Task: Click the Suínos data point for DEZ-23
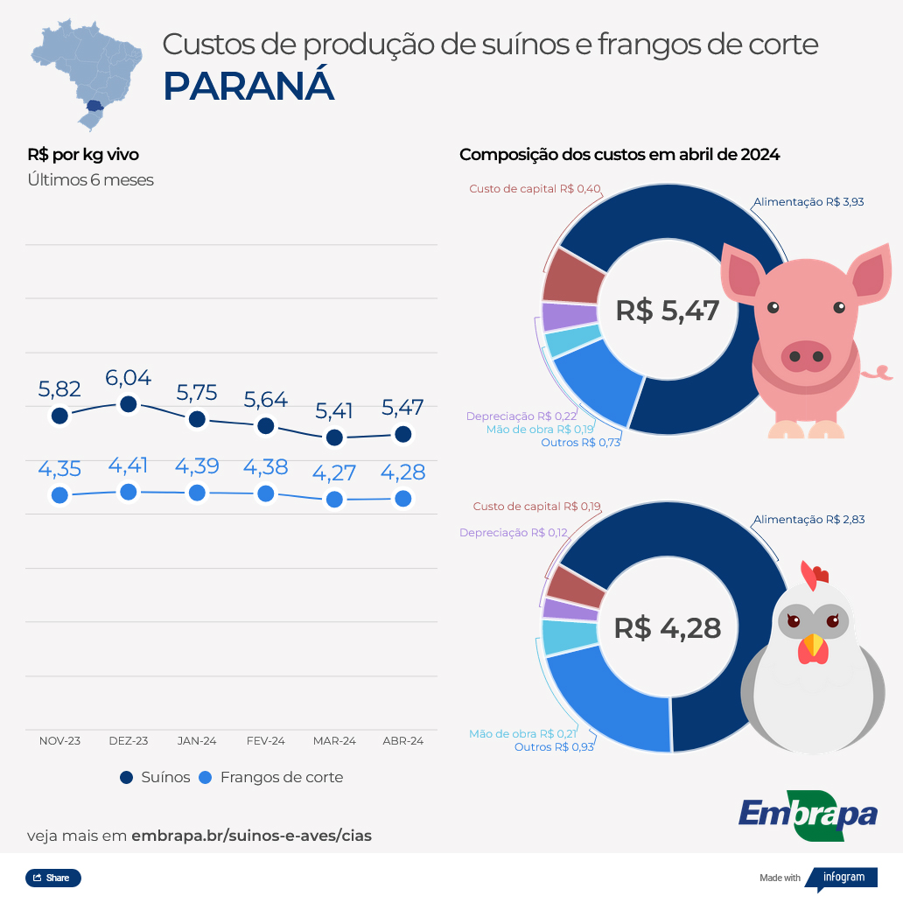click(129, 403)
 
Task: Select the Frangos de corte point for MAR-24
click(334, 500)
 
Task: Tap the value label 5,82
click(59, 389)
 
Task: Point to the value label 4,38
click(266, 466)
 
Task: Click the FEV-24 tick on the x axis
click(266, 740)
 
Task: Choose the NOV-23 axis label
click(59, 740)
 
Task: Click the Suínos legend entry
click(155, 777)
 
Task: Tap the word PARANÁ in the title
click(248, 86)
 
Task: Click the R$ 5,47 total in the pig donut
click(667, 311)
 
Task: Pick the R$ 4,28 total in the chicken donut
click(667, 627)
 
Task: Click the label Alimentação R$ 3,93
click(808, 201)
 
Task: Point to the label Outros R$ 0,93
click(554, 746)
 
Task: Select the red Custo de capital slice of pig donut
click(573, 276)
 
